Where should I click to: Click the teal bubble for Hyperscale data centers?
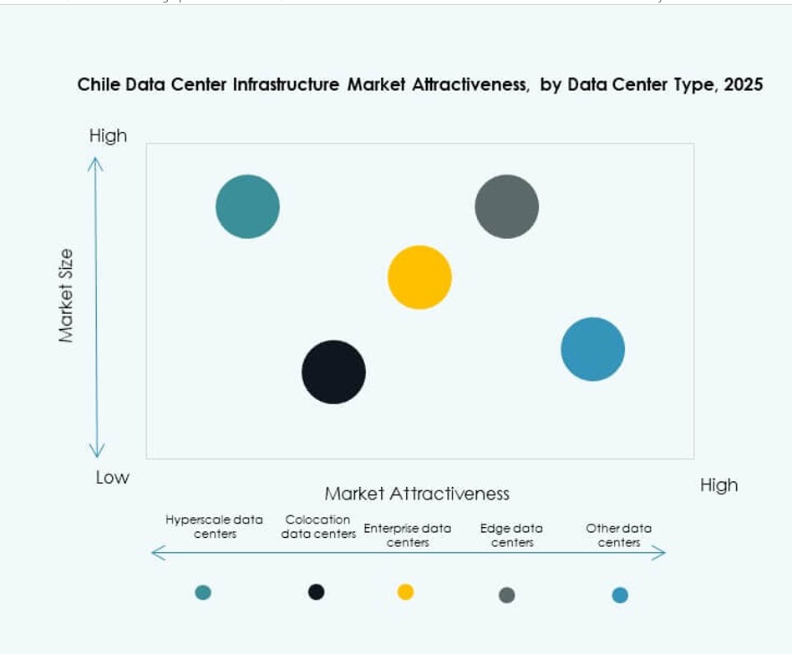pyautogui.click(x=247, y=206)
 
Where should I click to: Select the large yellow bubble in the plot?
pyautogui.click(x=419, y=277)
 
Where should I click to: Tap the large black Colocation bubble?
pyautogui.click(x=333, y=372)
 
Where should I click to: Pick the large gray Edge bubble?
pyautogui.click(x=506, y=206)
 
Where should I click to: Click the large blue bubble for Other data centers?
pyautogui.click(x=592, y=349)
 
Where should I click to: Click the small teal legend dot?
pyautogui.click(x=203, y=592)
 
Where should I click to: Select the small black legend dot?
pyautogui.click(x=316, y=591)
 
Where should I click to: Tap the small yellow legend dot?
pyautogui.click(x=405, y=591)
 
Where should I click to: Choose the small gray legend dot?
pyautogui.click(x=506, y=595)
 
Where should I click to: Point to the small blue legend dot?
pyautogui.click(x=619, y=595)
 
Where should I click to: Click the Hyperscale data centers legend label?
pyautogui.click(x=214, y=526)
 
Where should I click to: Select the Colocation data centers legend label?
pyautogui.click(x=318, y=526)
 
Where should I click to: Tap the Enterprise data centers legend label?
pyautogui.click(x=407, y=535)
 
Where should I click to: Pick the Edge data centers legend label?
pyautogui.click(x=511, y=535)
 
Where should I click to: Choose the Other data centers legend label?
pyautogui.click(x=618, y=535)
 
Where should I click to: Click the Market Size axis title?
pyautogui.click(x=67, y=295)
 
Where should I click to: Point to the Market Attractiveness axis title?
pyautogui.click(x=416, y=494)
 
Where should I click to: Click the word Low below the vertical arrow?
pyautogui.click(x=112, y=478)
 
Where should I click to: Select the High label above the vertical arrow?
pyautogui.click(x=108, y=135)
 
